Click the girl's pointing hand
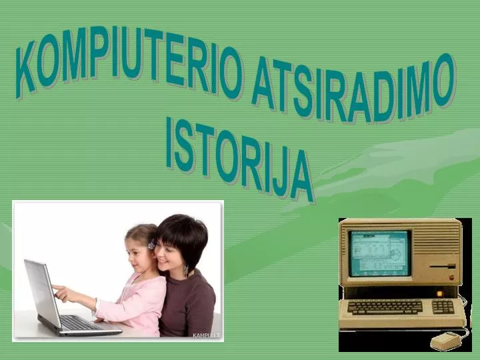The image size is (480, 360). (x=59, y=290)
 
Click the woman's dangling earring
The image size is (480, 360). (x=186, y=270)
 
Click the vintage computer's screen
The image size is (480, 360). (x=379, y=253)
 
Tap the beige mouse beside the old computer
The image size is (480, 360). (x=445, y=341)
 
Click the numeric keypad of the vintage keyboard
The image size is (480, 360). (x=443, y=307)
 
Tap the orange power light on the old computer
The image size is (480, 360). (x=440, y=293)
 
